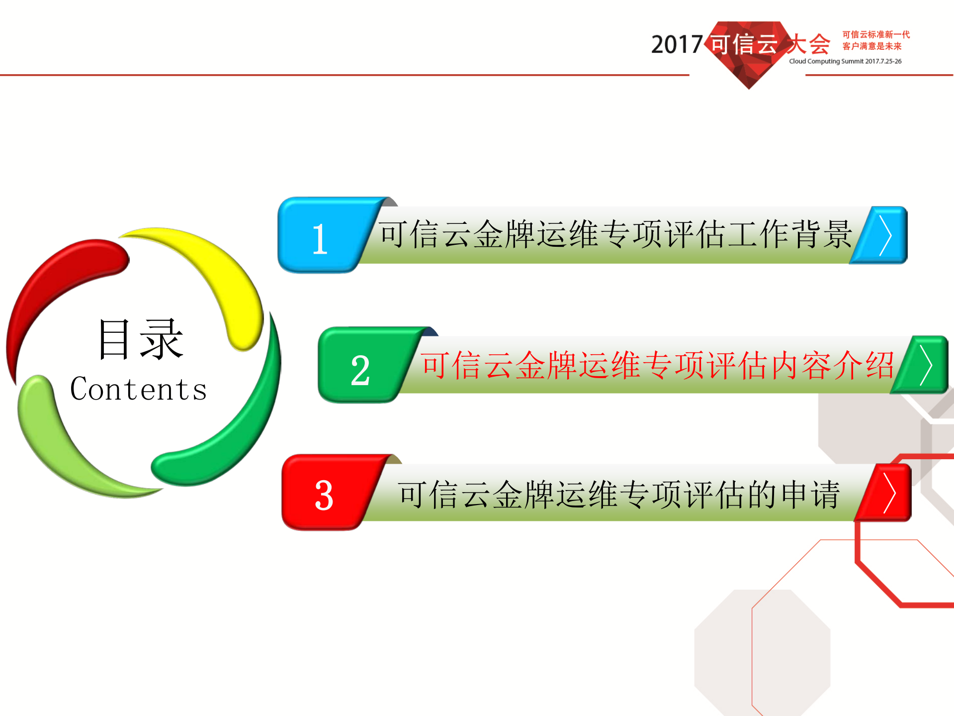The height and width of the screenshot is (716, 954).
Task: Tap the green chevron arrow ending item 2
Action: pyautogui.click(x=924, y=366)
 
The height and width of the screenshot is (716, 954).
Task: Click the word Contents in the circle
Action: pyautogui.click(x=138, y=389)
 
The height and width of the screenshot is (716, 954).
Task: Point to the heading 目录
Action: pyautogui.click(x=141, y=339)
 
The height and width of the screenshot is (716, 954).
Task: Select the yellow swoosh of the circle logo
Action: pyautogui.click(x=219, y=279)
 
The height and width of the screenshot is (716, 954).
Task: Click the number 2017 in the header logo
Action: pyautogui.click(x=677, y=45)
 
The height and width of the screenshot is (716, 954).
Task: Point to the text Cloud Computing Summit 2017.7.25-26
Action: pyautogui.click(x=845, y=61)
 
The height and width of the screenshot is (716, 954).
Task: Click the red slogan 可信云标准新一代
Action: pyautogui.click(x=876, y=34)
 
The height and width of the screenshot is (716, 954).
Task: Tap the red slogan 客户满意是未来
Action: pyautogui.click(x=871, y=46)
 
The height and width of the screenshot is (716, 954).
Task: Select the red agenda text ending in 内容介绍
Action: pyautogui.click(x=657, y=366)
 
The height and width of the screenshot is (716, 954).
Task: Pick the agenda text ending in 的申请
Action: pyautogui.click(x=619, y=495)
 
